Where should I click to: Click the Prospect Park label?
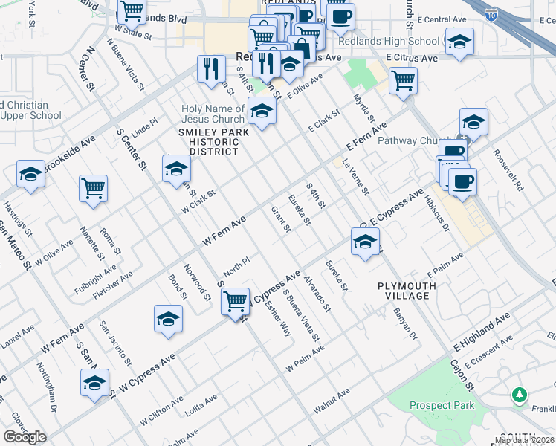click(x=441, y=405)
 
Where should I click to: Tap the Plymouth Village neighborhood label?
click(x=404, y=291)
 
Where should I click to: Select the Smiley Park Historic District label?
click(x=208, y=141)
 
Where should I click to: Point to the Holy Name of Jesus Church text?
click(x=213, y=114)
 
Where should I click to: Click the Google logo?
click(x=25, y=437)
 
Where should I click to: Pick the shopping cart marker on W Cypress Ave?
click(x=236, y=301)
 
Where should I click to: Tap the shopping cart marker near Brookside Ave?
click(x=93, y=188)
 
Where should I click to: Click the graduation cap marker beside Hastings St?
click(x=30, y=175)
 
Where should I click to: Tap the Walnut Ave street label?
click(x=332, y=402)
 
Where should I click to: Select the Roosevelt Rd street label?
click(x=508, y=170)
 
